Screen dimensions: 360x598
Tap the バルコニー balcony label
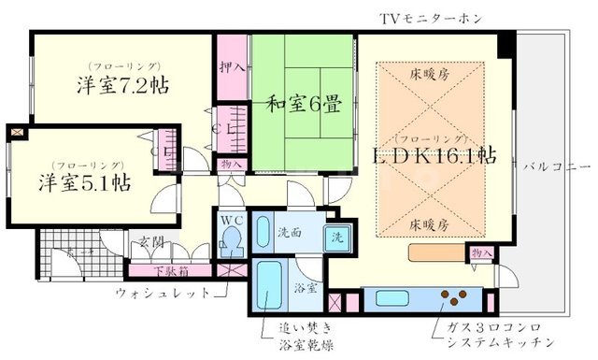[558, 166]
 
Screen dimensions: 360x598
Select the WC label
[232, 222]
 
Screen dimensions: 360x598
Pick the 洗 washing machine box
[338, 237]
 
